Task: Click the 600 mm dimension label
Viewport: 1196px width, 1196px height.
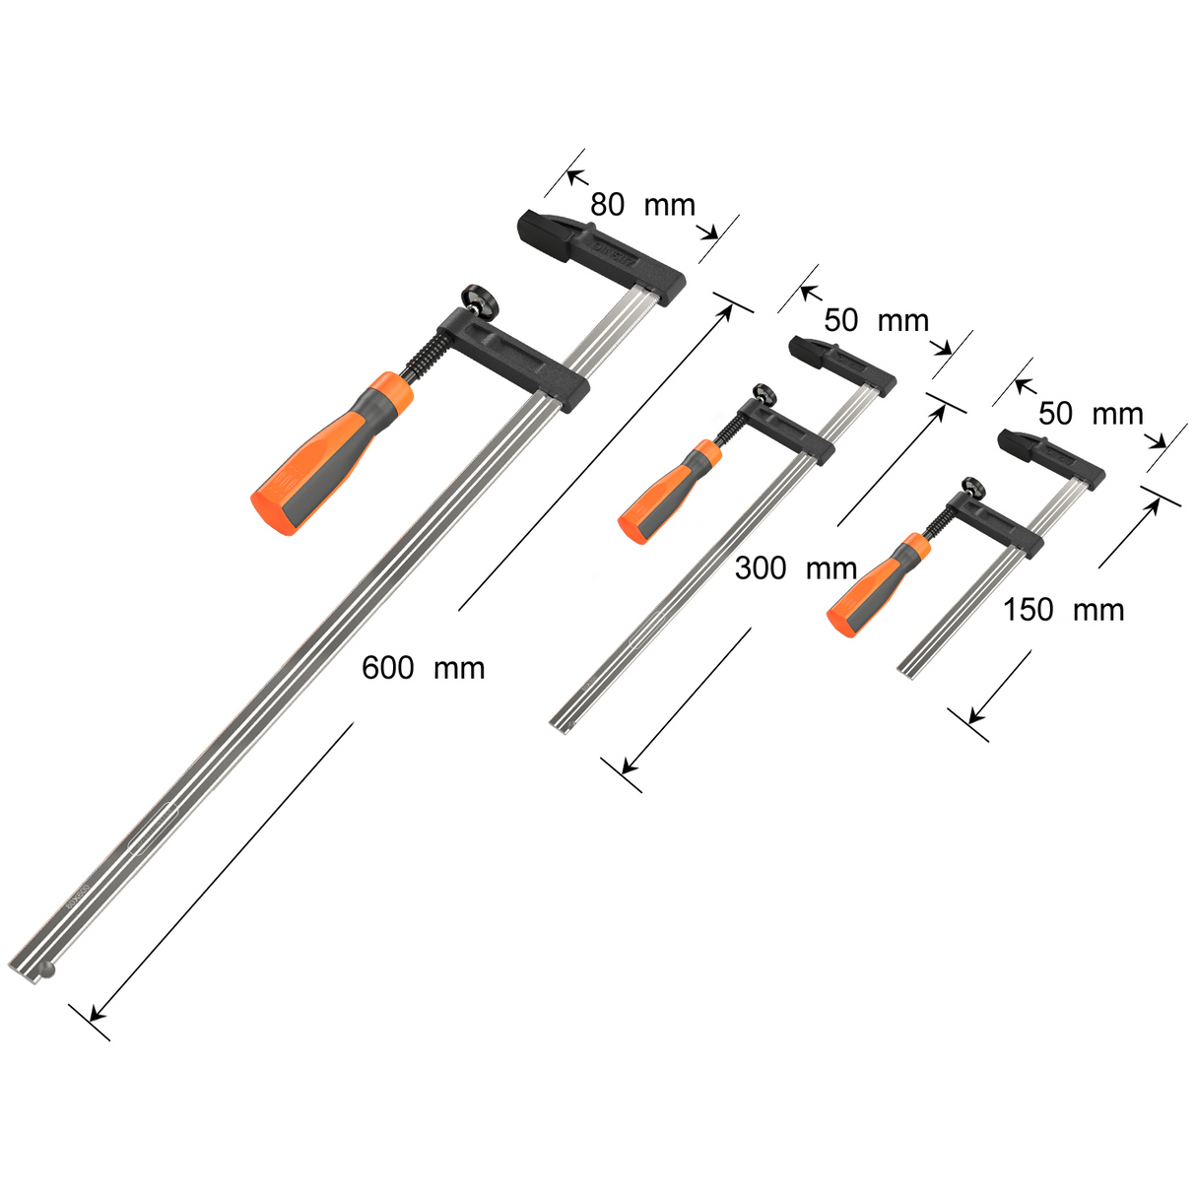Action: (423, 668)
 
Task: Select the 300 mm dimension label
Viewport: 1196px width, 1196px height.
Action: (795, 568)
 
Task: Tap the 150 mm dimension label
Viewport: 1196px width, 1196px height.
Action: (1063, 610)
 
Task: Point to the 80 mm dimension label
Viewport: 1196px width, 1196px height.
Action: (642, 205)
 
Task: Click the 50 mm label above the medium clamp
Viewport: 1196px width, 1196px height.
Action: (876, 320)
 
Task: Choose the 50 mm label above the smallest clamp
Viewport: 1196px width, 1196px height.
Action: (1090, 413)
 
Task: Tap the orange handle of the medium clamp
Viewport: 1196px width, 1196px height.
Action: (668, 492)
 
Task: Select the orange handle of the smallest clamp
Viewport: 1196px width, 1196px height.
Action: (876, 585)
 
